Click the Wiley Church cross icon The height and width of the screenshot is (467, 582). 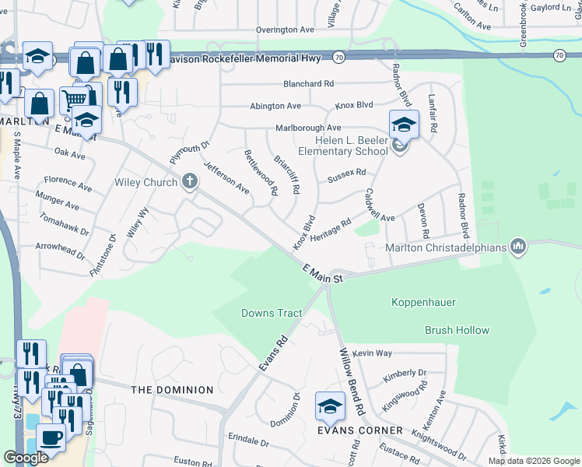pos(189,182)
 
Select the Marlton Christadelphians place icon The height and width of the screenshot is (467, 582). pos(517,248)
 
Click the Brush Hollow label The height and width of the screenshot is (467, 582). pos(457,330)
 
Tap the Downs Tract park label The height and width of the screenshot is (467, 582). pos(272,313)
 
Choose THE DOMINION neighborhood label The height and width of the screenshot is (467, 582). pos(172,389)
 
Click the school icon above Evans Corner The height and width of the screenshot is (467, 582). pos(330,406)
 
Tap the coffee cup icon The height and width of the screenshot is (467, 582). pos(51,437)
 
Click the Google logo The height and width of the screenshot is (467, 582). pos(26,458)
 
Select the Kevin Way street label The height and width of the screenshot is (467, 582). pos(371,353)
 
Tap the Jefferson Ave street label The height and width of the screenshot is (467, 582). pos(226,177)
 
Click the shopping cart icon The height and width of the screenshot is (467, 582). pos(74,99)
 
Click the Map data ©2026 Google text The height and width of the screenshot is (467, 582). pos(533,461)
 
